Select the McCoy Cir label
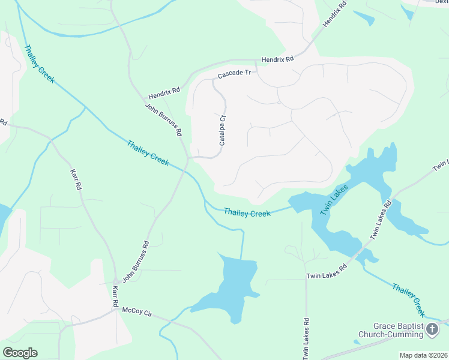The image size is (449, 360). coord(137,311)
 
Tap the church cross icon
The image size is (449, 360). coord(432,328)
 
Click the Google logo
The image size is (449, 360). coord(20,353)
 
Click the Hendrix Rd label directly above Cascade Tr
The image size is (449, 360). coord(277,59)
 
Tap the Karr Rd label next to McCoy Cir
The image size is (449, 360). coord(115,296)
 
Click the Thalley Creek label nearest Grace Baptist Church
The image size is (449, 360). coord(409,300)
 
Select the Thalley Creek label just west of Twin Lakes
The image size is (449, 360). coord(247,213)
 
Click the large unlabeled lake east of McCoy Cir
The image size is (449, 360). coord(231,287)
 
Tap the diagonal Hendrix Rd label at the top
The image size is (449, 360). coord(335,13)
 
